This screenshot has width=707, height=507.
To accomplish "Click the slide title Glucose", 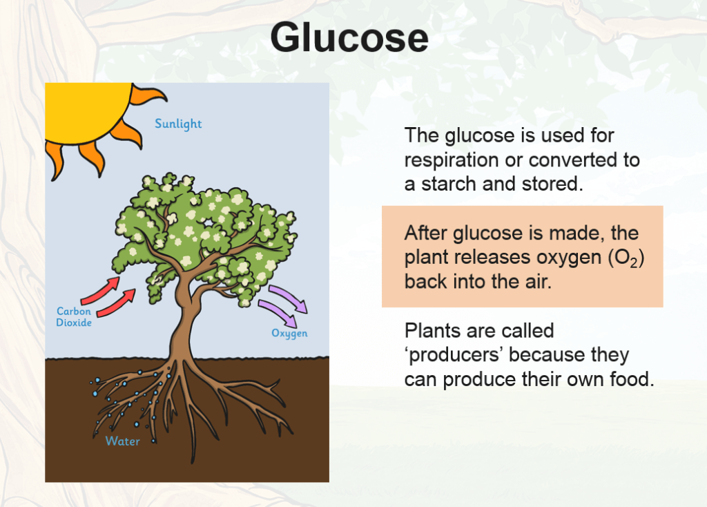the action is click(349, 37).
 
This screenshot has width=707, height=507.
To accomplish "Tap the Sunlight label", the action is click(178, 124).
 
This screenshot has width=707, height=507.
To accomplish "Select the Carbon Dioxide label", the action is click(74, 316).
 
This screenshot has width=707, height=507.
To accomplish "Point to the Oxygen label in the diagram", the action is click(289, 334).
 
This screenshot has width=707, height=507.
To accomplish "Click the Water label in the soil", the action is click(123, 441).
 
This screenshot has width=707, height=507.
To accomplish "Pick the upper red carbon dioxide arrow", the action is click(101, 291).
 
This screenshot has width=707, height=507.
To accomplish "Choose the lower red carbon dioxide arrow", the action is click(116, 303).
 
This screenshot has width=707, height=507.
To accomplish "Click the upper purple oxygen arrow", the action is click(289, 298).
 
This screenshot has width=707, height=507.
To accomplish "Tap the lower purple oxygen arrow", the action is click(278, 314).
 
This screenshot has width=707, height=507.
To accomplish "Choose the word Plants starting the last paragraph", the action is click(433, 331).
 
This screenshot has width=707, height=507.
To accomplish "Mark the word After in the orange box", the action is click(426, 233).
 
